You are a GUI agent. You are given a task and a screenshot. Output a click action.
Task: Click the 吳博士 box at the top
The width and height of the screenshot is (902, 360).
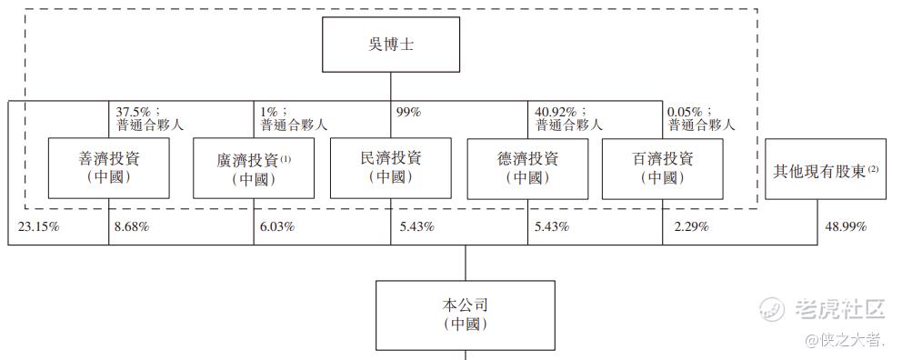tap(391, 45)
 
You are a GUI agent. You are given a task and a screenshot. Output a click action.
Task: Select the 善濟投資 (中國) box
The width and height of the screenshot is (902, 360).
tap(109, 168)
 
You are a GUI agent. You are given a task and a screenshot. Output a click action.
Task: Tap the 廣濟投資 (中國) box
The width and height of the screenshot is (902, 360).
tap(254, 168)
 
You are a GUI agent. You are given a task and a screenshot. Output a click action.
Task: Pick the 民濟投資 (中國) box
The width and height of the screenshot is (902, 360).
tap(391, 168)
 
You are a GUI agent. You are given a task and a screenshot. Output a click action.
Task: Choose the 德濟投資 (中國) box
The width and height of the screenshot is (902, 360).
tap(527, 168)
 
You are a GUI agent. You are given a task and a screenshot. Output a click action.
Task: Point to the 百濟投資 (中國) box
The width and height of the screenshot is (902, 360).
tap(662, 168)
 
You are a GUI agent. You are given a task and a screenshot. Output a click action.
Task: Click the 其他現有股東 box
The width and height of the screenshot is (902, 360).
tap(826, 168)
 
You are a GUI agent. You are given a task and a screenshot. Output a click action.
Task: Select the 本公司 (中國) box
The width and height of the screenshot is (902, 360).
tap(466, 315)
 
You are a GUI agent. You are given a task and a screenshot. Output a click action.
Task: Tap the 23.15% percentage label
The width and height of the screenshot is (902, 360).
tap(38, 226)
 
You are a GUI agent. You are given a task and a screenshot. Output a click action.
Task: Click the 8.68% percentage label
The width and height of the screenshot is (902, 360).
tap(132, 226)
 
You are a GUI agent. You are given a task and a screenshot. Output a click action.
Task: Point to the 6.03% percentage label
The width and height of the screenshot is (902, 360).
tap(277, 226)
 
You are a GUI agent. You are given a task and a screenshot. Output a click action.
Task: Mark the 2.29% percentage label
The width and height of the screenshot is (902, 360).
tap(691, 226)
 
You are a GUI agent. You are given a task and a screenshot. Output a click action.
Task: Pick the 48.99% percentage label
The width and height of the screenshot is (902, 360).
tap(846, 226)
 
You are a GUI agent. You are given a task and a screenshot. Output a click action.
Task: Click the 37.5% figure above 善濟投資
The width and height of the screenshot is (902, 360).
tap(133, 112)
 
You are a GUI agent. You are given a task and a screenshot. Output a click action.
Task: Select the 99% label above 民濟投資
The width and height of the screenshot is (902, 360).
tap(409, 112)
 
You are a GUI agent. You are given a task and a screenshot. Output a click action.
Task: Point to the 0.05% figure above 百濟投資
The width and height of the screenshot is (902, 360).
tap(686, 112)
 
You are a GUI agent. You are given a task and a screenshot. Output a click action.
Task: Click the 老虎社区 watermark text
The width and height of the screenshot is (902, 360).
tap(839, 309)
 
